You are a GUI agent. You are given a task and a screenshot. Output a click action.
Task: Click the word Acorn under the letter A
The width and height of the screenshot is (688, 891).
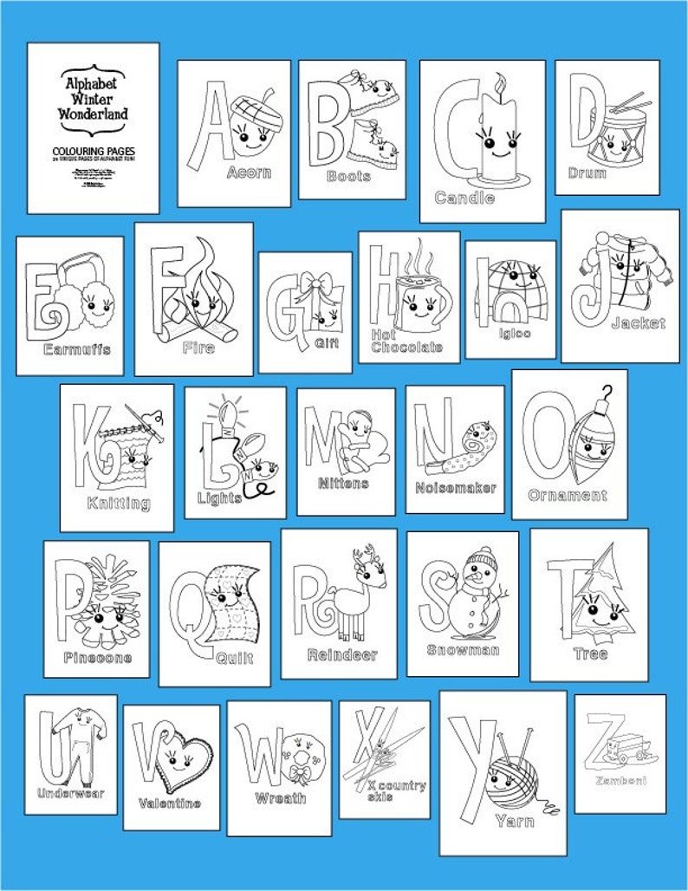249,172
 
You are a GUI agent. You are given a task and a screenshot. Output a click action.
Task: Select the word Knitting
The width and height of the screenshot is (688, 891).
119,503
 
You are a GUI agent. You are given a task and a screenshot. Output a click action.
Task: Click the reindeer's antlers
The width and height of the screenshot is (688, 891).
360,558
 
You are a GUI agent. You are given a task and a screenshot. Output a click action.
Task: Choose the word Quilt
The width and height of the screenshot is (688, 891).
234,658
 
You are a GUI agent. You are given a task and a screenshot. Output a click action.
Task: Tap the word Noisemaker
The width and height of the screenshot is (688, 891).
456,488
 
